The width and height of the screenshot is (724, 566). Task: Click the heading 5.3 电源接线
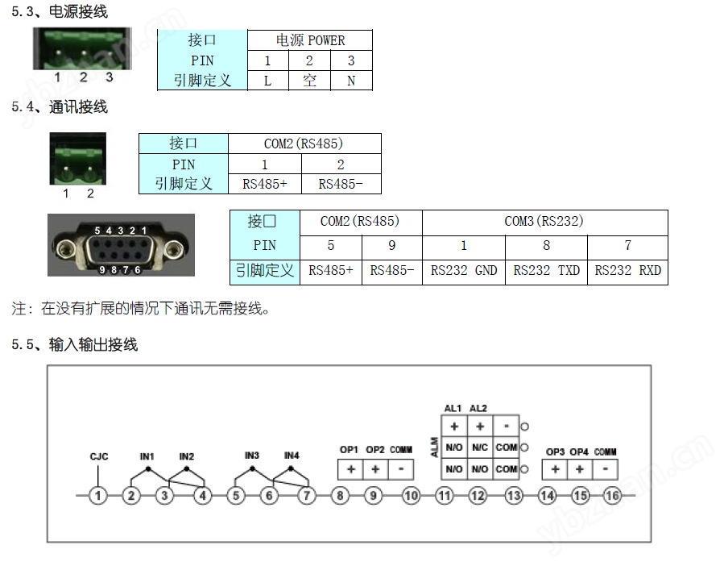[60, 11]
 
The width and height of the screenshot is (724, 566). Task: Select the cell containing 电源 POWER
[310, 40]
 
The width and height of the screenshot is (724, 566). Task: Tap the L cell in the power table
[268, 81]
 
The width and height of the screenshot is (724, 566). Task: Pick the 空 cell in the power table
[309, 81]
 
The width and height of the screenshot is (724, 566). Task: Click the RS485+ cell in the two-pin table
[265, 184]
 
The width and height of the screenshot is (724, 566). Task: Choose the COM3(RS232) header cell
[544, 222]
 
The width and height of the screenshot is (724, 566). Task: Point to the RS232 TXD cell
[546, 271]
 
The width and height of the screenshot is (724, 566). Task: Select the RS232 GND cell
[464, 271]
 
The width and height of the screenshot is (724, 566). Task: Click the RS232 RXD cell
[627, 271]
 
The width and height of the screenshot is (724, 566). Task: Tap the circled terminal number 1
[98, 496]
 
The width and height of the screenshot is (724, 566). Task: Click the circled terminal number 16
[612, 496]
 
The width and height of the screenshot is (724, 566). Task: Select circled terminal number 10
[411, 496]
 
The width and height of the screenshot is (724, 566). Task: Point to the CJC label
[99, 456]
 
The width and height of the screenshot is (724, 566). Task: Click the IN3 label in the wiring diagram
[252, 456]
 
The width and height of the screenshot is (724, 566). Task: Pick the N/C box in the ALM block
[480, 447]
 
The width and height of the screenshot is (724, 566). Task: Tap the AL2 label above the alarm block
[478, 408]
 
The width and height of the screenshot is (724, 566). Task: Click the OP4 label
[579, 452]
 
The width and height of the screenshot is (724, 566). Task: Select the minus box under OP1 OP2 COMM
[401, 469]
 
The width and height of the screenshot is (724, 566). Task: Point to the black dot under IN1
[148, 469]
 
